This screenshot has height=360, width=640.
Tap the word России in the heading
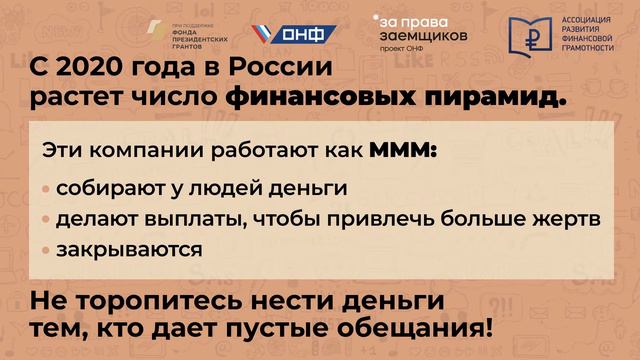point(273,71)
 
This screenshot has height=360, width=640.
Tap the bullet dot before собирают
point(47,189)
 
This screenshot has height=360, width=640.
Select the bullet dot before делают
point(47,219)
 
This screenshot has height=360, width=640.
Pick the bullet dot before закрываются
point(47,249)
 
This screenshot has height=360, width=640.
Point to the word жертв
point(567,218)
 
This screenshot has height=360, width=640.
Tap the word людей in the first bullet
point(230,188)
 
